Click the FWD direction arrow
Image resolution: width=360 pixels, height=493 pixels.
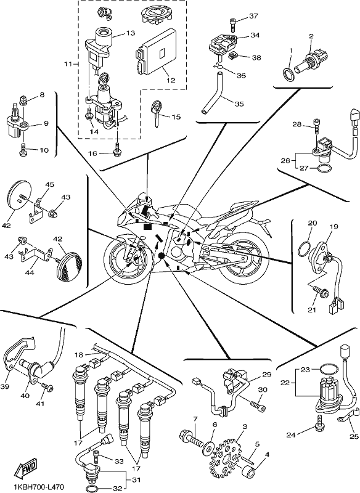coord(25,467)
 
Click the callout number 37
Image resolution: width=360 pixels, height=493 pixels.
coord(253,16)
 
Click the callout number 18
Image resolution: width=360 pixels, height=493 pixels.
coord(80,355)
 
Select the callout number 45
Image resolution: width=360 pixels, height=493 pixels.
coord(49,184)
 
